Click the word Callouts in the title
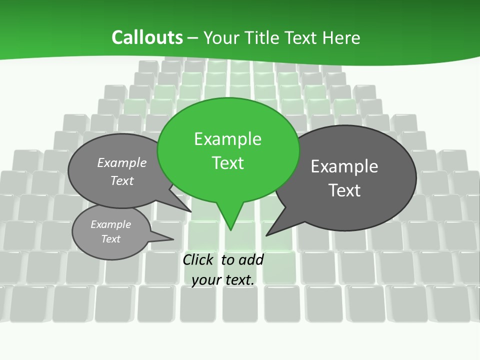[147, 37]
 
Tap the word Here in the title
[341, 37]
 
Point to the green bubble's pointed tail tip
[230, 229]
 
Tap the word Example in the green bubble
[227, 139]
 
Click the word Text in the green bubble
[227, 163]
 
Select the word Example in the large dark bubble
[344, 166]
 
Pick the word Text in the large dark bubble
[344, 190]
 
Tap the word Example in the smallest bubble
[110, 224]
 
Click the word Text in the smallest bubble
[110, 239]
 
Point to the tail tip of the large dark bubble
[266, 235]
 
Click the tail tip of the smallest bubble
[173, 239]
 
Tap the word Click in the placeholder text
[199, 260]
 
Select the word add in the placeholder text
[251, 260]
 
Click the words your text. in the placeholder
[223, 280]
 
